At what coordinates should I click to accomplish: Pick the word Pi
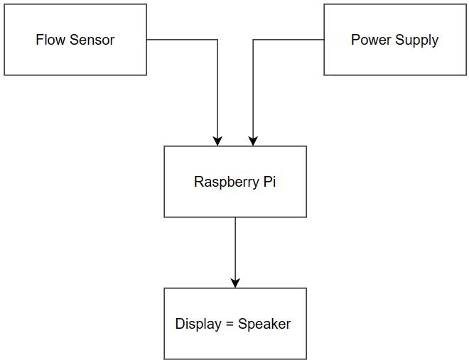269,182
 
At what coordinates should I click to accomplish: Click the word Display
198,324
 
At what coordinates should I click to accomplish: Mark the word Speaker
264,324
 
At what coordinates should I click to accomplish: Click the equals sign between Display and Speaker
230,324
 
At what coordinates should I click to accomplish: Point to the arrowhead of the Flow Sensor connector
217,141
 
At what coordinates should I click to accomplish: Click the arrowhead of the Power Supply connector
253,141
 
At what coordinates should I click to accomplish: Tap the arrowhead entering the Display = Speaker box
235,283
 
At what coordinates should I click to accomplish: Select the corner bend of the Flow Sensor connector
217,40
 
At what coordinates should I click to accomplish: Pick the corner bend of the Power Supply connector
253,40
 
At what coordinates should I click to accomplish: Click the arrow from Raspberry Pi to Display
235,249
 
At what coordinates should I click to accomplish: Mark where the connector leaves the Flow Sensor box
147,40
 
